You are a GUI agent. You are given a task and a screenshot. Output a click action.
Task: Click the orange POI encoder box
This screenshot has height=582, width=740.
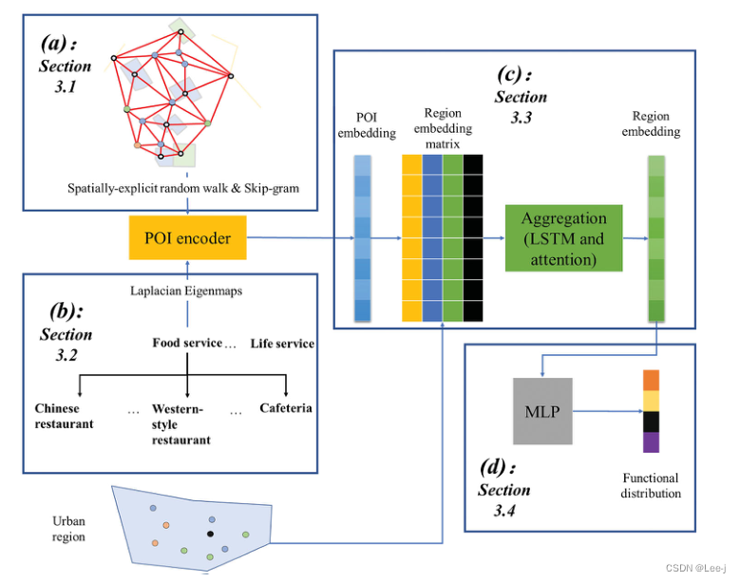pos(187,238)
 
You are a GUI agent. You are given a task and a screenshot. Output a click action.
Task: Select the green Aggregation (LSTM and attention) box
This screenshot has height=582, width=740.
pos(562,237)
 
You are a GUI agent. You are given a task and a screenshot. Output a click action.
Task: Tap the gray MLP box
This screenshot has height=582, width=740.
pos(544,411)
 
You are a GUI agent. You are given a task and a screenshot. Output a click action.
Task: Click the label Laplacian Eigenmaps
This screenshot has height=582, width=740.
pos(186,291)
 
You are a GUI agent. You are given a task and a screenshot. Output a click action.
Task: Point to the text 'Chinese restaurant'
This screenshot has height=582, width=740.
pos(65,416)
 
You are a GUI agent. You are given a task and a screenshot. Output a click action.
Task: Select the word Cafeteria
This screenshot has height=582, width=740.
pos(286,408)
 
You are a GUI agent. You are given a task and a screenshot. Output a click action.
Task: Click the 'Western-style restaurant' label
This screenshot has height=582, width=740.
pos(180,424)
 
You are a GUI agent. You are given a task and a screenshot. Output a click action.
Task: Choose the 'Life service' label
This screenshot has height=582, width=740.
pos(282,343)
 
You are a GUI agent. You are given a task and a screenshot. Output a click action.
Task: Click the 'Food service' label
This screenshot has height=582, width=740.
pos(187,343)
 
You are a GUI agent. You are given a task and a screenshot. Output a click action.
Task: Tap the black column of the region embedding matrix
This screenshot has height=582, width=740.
pos(473,237)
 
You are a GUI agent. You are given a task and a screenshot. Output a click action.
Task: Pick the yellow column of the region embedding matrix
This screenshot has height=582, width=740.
pos(411,237)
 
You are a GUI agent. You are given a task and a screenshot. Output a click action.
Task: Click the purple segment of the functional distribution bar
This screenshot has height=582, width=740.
pos(650,442)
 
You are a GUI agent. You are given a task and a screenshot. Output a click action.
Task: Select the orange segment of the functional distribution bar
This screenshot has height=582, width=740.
pos(650,380)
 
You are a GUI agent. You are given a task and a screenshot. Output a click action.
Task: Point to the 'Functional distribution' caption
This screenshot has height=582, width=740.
pos(651,485)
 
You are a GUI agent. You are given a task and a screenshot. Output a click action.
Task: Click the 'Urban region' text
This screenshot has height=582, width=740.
pos(68,529)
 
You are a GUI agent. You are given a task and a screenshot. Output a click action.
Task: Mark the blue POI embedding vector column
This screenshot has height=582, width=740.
pos(363,237)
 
